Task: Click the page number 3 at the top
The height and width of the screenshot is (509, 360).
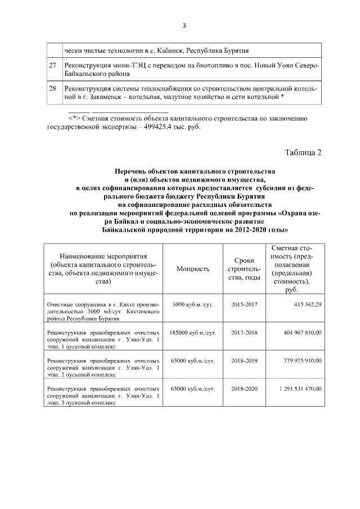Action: tap(183, 25)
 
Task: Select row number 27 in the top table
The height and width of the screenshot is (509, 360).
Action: tap(52, 65)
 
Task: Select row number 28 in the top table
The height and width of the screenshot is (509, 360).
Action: tap(52, 89)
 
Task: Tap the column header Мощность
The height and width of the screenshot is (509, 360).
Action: tap(193, 268)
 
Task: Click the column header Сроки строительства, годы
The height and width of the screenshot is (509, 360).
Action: tap(244, 268)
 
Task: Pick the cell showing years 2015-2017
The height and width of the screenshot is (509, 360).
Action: tap(244, 304)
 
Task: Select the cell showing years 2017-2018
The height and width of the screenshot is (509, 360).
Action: tap(244, 333)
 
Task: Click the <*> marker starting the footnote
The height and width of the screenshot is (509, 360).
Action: tap(74, 118)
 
